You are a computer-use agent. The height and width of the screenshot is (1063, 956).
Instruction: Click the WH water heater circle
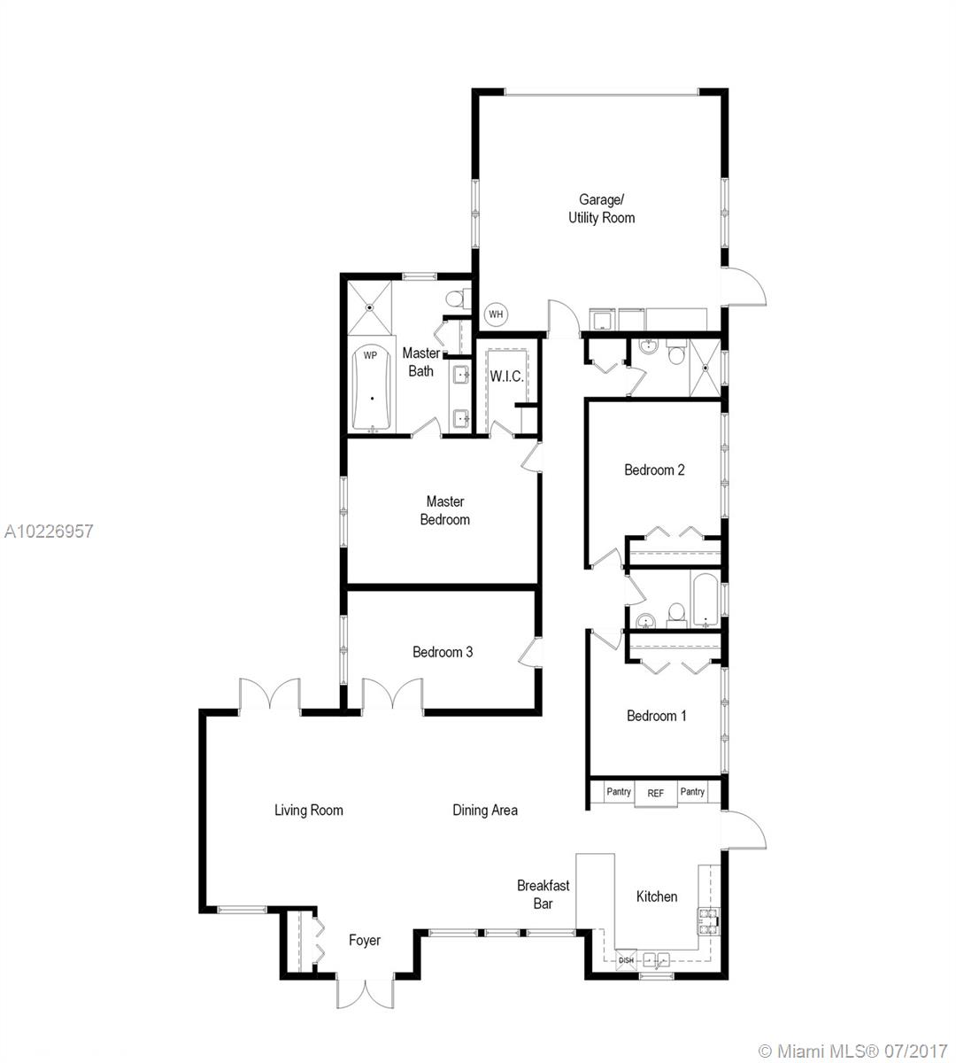(x=495, y=314)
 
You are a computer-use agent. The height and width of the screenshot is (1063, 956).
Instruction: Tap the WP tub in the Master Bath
(x=371, y=388)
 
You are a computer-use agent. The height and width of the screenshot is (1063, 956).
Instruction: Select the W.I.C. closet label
(x=506, y=376)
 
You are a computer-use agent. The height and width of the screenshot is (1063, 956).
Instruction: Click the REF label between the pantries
(x=655, y=794)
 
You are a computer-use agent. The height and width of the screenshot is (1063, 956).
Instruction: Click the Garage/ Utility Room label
(x=601, y=209)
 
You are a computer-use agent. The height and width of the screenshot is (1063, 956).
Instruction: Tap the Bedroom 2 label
(x=654, y=470)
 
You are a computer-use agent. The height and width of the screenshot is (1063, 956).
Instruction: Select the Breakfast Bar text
(x=543, y=895)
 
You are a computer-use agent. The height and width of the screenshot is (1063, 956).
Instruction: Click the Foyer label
(x=365, y=941)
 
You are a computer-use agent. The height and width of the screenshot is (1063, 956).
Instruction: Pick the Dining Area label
(x=484, y=811)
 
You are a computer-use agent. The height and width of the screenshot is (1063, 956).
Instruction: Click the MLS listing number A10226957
(x=49, y=531)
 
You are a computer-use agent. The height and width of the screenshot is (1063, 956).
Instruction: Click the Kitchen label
(x=656, y=896)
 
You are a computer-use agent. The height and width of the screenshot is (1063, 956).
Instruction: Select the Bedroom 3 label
(x=443, y=652)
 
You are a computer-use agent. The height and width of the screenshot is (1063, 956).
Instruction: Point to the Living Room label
(x=308, y=811)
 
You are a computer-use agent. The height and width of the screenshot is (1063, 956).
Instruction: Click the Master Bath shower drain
(x=370, y=307)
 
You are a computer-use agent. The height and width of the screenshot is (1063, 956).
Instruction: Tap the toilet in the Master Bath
(x=457, y=299)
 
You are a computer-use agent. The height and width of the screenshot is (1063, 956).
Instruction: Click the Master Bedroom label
(x=445, y=510)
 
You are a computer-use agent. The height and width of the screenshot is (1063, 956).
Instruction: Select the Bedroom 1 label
(x=656, y=716)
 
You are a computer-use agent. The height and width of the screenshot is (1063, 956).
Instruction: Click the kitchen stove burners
(x=708, y=921)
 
